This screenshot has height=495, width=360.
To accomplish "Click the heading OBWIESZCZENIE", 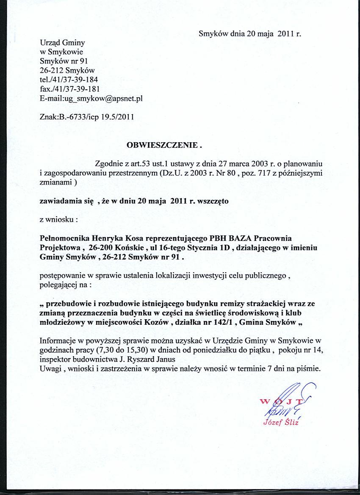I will (x=163, y=145).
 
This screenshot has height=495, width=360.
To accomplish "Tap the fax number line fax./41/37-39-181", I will (x=69, y=89).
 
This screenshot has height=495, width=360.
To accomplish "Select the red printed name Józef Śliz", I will (x=281, y=422).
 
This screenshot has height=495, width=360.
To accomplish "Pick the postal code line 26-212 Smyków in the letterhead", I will (x=67, y=70).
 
